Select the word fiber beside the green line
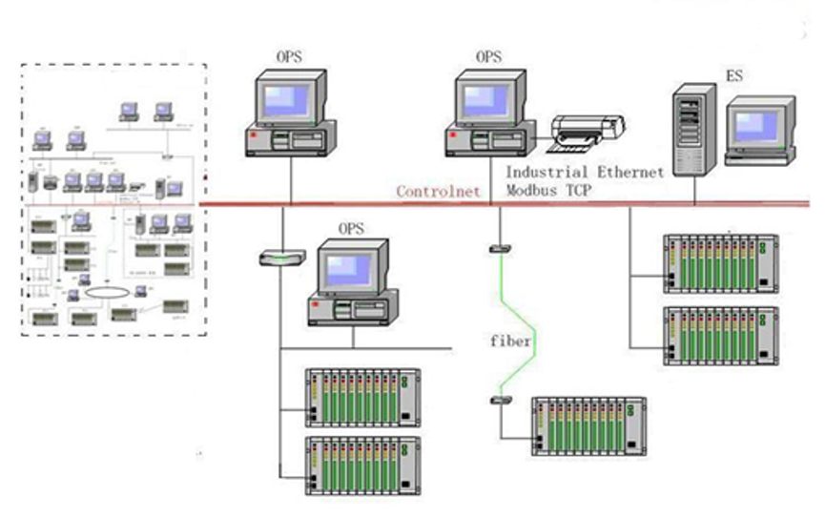511,341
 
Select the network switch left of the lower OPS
281,257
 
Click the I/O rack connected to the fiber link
588,424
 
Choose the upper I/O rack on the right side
721,263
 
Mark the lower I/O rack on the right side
721,335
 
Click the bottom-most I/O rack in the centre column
363,465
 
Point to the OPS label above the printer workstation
488,57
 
